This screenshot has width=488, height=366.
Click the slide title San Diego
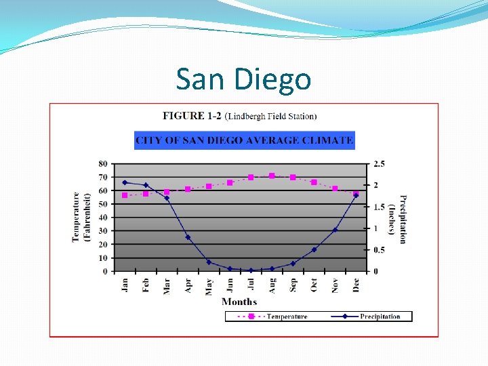(243, 79)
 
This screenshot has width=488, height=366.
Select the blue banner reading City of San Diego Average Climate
(245, 140)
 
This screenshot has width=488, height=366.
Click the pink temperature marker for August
(272, 176)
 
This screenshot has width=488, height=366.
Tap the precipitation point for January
(125, 183)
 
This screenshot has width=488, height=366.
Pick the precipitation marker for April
(188, 237)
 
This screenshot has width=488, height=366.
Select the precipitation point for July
(251, 270)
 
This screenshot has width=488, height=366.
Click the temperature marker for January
(125, 195)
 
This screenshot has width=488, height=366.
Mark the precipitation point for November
(335, 230)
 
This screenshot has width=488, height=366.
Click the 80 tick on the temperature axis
(103, 164)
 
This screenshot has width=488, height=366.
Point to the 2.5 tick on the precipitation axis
(379, 164)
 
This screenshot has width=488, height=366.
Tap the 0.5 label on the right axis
(379, 250)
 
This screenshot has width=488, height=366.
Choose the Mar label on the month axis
(167, 286)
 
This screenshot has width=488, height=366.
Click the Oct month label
(314, 285)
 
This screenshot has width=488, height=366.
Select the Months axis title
(239, 302)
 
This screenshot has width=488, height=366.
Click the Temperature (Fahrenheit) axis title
(81, 217)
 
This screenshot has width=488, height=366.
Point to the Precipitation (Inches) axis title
(397, 219)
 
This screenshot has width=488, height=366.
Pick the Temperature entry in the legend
(272, 317)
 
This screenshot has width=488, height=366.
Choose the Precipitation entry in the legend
(366, 317)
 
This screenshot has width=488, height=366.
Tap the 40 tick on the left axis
(103, 218)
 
